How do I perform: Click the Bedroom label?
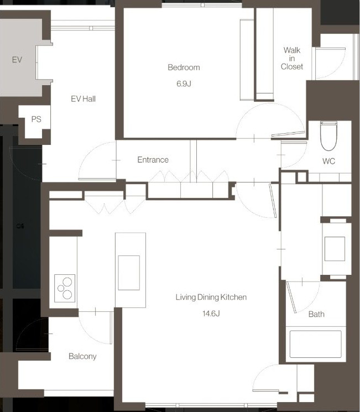pyautogui.click(x=184, y=67)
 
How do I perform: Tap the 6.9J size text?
pyautogui.click(x=184, y=84)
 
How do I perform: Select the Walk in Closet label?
pyautogui.click(x=291, y=58)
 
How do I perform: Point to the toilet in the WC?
pyautogui.click(x=328, y=135)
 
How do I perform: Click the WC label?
pyautogui.click(x=328, y=161)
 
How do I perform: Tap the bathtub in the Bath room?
pyautogui.click(x=316, y=344)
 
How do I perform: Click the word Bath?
pyautogui.click(x=316, y=314)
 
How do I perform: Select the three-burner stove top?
pyautogui.click(x=65, y=288)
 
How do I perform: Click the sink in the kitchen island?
pyautogui.click(x=129, y=273)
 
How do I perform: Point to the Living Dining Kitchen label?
pyautogui.click(x=211, y=297)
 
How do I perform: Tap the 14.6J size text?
pyautogui.click(x=211, y=314)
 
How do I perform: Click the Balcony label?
pyautogui.click(x=82, y=356)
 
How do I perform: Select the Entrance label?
pyautogui.click(x=153, y=160)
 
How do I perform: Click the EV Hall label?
pyautogui.click(x=84, y=99)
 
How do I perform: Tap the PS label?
pyautogui.click(x=36, y=119)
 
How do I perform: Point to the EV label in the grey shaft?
pyautogui.click(x=17, y=60)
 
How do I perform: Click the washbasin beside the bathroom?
pyautogui.click(x=335, y=248)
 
